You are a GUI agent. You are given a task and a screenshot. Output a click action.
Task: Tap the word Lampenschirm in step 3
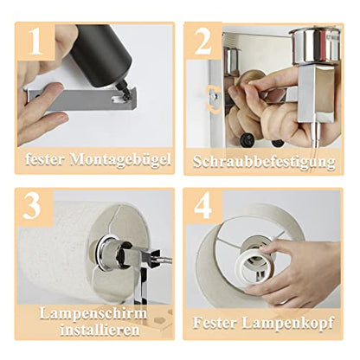[94, 312]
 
